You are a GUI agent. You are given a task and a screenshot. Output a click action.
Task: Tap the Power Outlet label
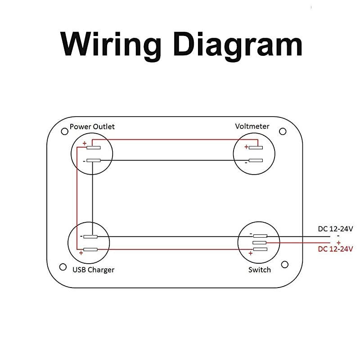click(92, 126)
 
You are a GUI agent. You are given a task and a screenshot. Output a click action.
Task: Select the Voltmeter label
click(252, 126)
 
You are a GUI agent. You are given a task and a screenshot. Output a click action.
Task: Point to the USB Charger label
click(93, 270)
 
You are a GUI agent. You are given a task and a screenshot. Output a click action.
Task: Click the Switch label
click(260, 270)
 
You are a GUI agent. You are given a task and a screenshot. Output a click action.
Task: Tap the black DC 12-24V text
click(335, 229)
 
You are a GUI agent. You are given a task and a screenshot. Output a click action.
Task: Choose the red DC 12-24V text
click(335, 249)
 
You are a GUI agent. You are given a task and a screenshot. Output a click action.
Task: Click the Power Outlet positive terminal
click(94, 148)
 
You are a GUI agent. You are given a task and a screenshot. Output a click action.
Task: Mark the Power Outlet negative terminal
click(94, 161)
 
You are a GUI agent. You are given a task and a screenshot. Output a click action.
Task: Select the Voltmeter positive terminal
click(256, 147)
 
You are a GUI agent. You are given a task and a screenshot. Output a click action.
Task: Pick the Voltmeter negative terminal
click(256, 160)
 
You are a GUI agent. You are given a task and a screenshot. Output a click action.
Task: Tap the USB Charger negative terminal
click(90, 237)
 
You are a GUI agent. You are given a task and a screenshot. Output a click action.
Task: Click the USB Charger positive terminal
click(90, 249)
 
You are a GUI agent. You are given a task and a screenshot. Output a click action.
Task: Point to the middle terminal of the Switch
click(260, 243)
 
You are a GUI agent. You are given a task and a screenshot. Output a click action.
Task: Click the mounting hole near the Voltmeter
click(283, 131)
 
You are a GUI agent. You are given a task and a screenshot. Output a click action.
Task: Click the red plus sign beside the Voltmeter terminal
click(246, 147)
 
